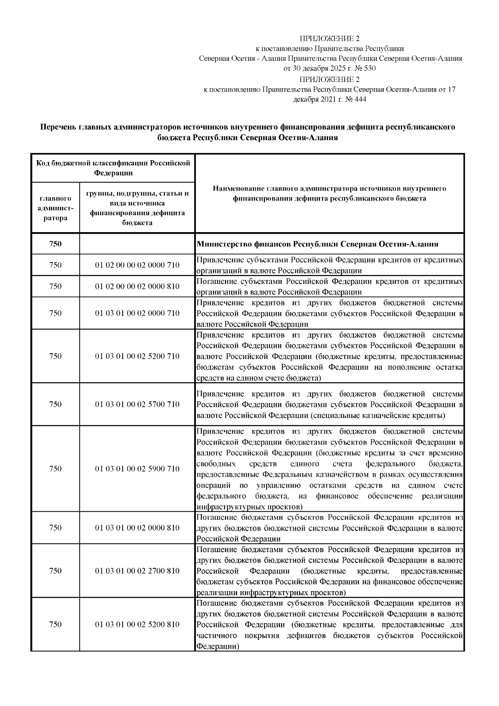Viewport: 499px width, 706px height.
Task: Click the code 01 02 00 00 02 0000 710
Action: (137, 265)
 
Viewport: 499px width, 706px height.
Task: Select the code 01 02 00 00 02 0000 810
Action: (137, 287)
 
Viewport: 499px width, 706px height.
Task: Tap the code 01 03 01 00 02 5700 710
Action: (137, 404)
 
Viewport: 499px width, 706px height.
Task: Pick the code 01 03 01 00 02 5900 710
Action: (137, 469)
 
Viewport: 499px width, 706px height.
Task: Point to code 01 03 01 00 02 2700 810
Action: (137, 571)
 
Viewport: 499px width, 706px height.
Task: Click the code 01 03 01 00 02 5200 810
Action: (137, 624)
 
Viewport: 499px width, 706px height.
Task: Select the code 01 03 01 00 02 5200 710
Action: (137, 356)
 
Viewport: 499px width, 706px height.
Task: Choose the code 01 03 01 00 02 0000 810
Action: (137, 528)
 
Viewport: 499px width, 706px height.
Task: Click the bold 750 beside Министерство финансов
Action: (55, 244)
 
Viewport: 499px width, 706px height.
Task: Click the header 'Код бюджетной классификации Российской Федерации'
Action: (113, 168)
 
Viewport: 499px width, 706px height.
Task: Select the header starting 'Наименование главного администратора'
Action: (329, 193)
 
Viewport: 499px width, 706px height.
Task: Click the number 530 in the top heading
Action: (370, 68)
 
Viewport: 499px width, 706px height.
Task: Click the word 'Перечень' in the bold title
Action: (58, 127)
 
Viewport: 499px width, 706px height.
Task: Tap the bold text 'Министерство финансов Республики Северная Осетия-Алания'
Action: (317, 244)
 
